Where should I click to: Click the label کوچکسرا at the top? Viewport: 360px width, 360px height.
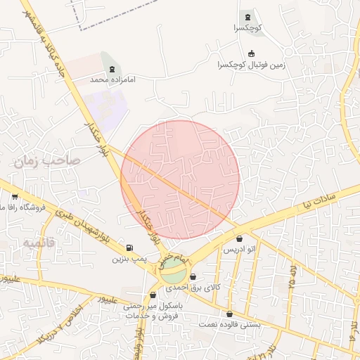click(248, 29)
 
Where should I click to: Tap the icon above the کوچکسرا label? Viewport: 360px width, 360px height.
click(247, 17)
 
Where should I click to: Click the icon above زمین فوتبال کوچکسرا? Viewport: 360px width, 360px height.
click(251, 53)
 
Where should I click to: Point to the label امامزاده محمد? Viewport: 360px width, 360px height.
click(112, 79)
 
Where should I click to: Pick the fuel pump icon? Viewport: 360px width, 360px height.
click(129, 247)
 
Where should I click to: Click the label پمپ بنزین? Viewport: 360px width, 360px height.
click(129, 259)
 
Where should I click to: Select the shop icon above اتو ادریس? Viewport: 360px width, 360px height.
click(239, 239)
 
